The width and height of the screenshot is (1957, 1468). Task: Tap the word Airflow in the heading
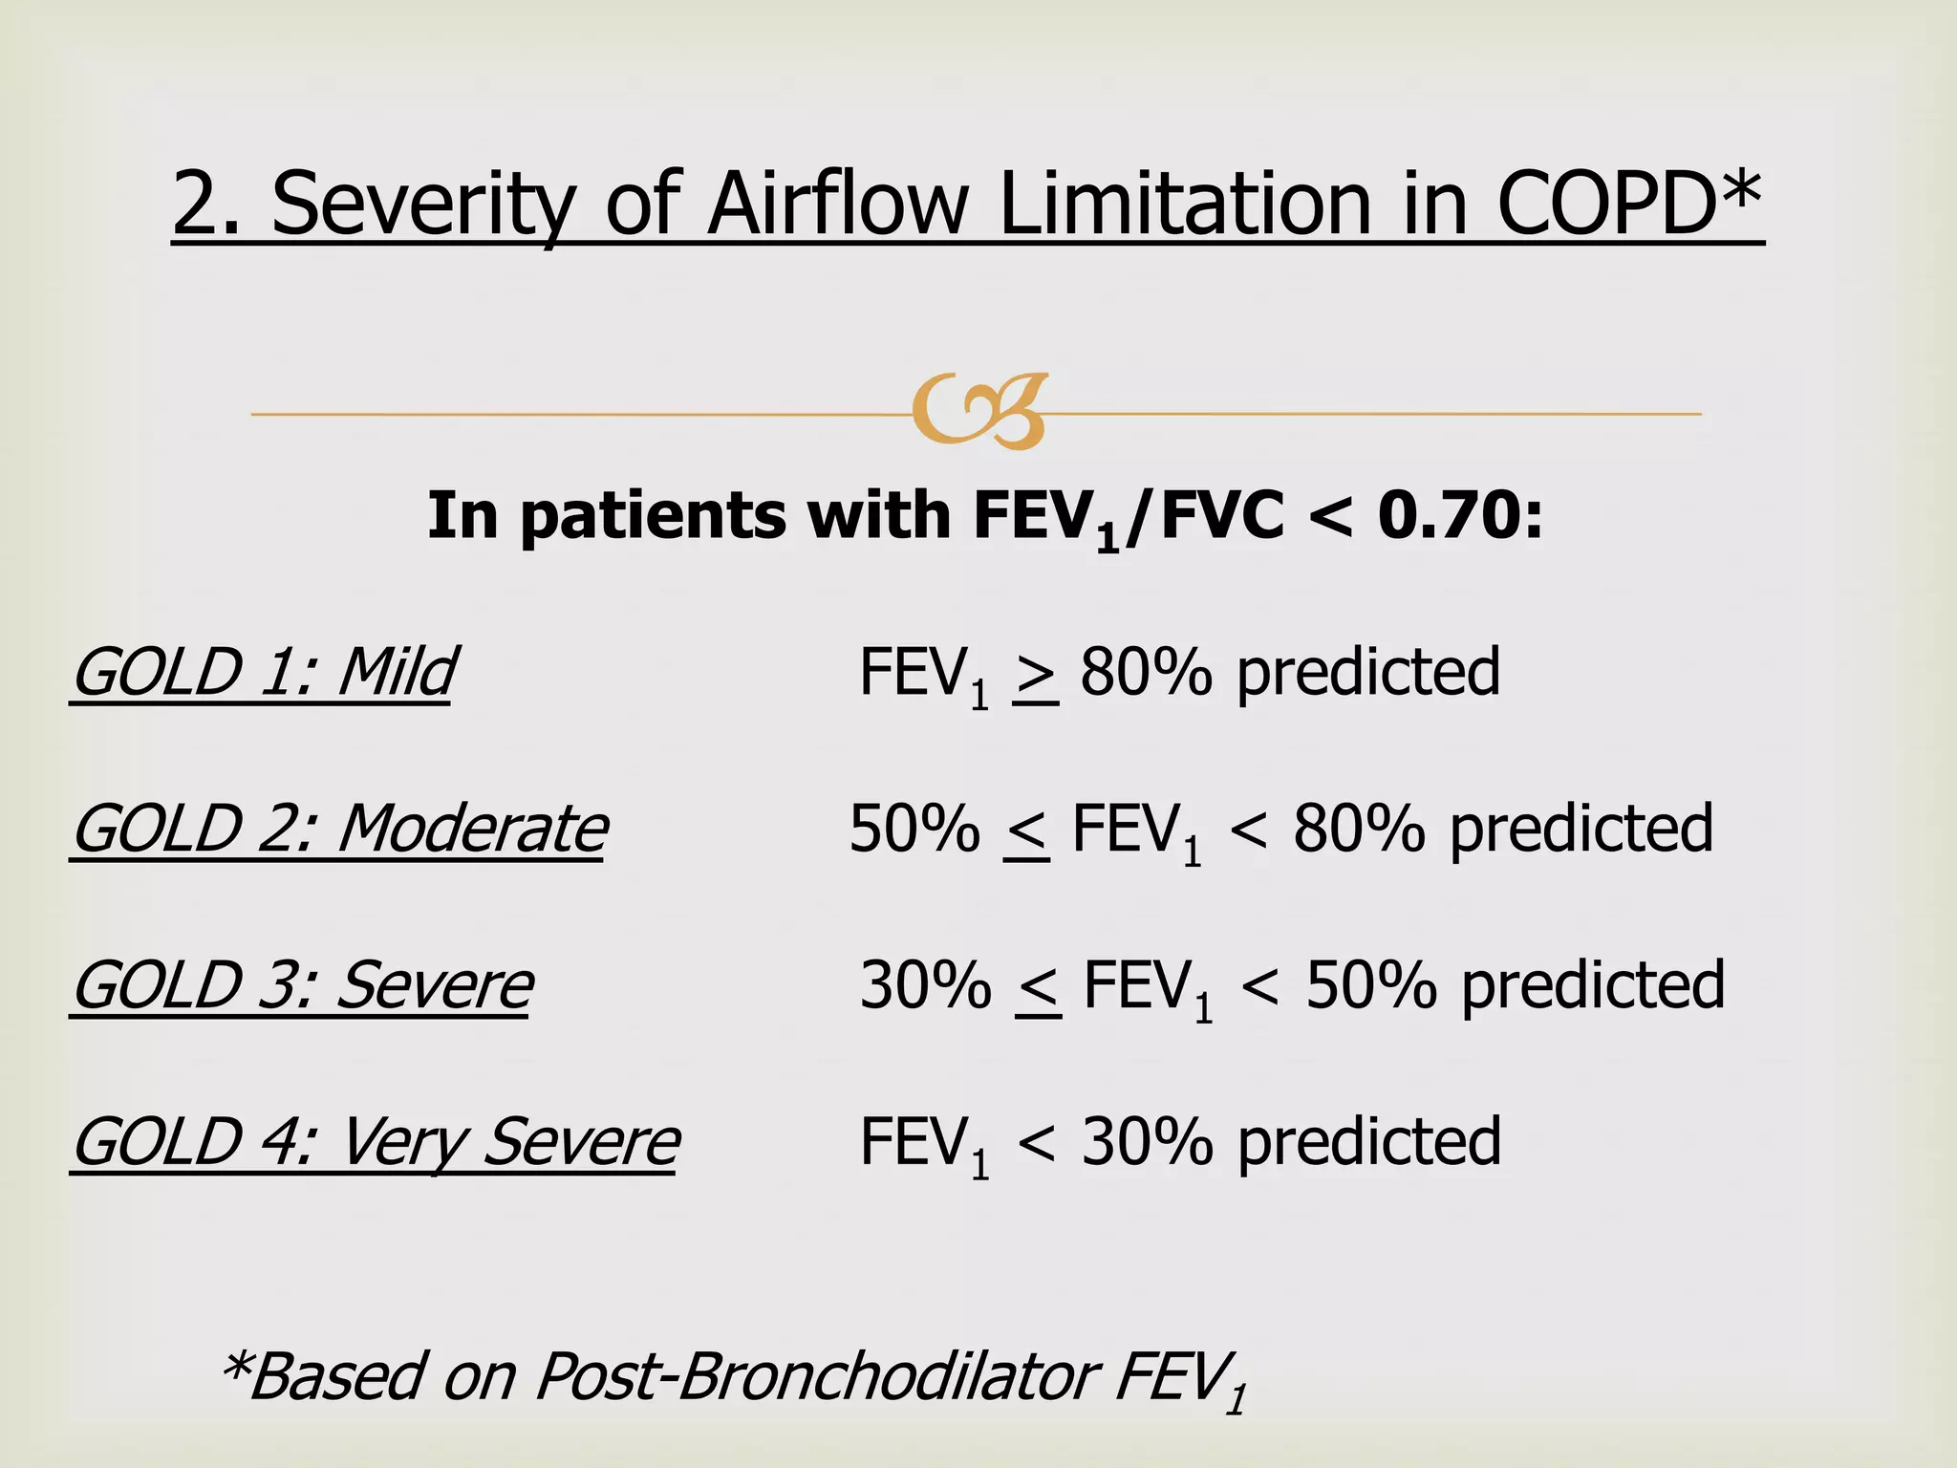pyautogui.click(x=837, y=203)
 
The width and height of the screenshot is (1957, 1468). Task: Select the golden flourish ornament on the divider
pyautogui.click(x=979, y=412)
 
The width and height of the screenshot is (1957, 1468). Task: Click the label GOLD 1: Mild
pyautogui.click(x=264, y=672)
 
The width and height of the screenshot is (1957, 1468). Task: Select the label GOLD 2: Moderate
pyautogui.click(x=339, y=829)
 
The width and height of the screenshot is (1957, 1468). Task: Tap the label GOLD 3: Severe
pyautogui.click(x=302, y=985)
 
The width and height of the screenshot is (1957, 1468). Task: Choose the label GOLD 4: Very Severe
pyautogui.click(x=376, y=1142)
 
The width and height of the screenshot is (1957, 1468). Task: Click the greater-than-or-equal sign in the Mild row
pyautogui.click(x=1036, y=677)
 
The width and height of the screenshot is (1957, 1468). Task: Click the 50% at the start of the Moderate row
pyautogui.click(x=914, y=829)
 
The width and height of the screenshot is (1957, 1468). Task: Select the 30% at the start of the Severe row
pyautogui.click(x=925, y=985)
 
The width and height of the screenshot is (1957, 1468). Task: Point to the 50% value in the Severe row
pyautogui.click(x=1370, y=985)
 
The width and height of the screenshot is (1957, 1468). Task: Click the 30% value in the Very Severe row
pyautogui.click(x=1147, y=1142)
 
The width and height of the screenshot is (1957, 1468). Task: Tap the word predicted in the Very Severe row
pyautogui.click(x=1369, y=1142)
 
